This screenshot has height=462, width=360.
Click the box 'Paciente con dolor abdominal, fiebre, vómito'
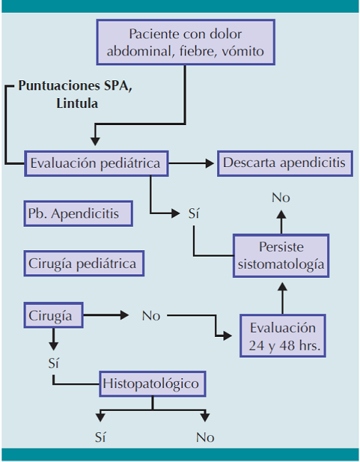coord(186,43)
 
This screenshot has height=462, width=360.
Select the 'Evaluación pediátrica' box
coord(97,163)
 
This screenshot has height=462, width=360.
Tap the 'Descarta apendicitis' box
coord(284,163)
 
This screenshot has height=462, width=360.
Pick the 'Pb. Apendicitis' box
coord(78,213)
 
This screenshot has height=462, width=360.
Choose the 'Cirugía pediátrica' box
coord(83,263)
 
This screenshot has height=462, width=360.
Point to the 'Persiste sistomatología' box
coord(281,256)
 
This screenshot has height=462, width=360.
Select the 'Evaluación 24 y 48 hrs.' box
coord(282,337)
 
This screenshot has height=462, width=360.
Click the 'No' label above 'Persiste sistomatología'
coord(281,198)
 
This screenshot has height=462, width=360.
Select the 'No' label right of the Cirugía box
coord(151,315)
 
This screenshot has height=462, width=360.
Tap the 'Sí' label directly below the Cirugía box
coord(53,363)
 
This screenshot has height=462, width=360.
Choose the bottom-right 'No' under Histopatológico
coord(205,437)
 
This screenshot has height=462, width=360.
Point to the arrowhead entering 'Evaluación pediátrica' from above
coord(96,141)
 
